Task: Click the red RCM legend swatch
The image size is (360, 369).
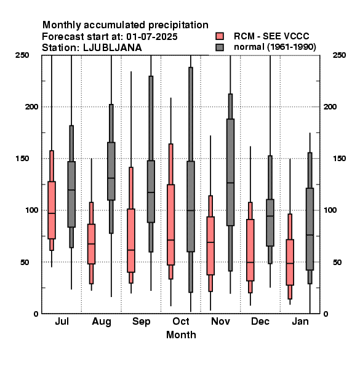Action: (220, 36)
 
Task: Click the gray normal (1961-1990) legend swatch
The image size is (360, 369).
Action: (220, 47)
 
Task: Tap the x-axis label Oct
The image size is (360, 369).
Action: (181, 321)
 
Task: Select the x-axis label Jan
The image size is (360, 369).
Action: (300, 321)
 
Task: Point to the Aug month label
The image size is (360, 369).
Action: (102, 322)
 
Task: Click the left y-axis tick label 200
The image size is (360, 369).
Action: (32, 106)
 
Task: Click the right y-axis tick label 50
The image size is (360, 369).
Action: (337, 262)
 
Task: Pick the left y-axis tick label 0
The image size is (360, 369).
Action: (36, 314)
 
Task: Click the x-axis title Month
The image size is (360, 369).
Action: (181, 335)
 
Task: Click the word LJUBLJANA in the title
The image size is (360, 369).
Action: (113, 48)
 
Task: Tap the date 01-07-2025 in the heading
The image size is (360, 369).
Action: (152, 37)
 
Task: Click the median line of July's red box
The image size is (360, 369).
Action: (52, 213)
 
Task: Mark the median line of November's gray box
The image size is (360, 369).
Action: (231, 183)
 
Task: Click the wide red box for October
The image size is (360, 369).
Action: (170, 224)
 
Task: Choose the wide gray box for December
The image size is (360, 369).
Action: (270, 223)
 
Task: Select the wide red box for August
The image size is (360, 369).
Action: (91, 244)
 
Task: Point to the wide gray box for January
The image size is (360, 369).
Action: (310, 229)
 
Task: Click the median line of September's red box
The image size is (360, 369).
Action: (131, 250)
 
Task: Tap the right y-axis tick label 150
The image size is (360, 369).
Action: (339, 159)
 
